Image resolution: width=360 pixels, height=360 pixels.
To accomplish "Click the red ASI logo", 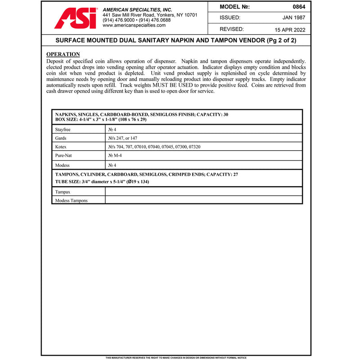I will coord(75,18).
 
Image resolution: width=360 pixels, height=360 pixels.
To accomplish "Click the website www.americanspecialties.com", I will coord(134,26).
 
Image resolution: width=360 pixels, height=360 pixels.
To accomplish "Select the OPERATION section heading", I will coord(63,54).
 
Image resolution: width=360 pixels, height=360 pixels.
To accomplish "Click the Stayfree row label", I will coord(63,130).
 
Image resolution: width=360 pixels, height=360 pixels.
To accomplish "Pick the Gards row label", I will coord(61,138).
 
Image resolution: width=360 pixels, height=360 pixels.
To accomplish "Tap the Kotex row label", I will coord(61,147).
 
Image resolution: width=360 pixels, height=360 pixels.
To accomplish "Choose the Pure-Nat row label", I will coord(63,156).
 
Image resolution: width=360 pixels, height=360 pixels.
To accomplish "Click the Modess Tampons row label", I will coord(71,201).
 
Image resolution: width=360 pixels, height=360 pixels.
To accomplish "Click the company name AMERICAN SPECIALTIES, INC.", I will coord(138,9).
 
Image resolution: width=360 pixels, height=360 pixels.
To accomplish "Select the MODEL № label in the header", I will coord(234,7).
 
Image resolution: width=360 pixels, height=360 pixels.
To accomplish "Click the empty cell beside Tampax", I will coord(203,192).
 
